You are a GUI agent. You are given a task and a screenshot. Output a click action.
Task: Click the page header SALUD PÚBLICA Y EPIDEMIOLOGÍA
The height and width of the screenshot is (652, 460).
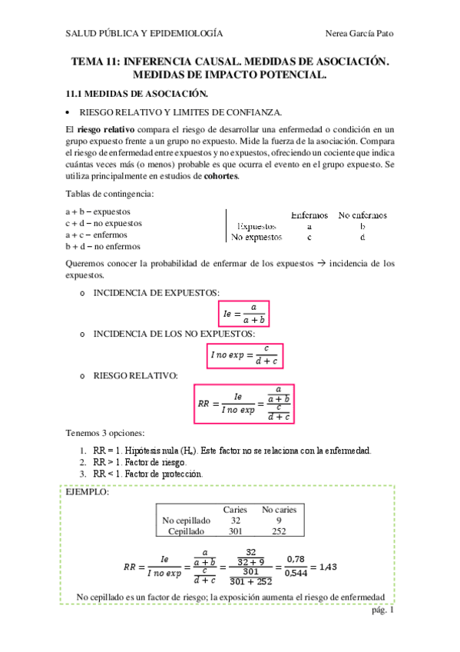click(x=144, y=33)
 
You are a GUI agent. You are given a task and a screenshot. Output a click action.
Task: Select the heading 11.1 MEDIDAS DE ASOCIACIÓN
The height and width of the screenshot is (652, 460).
click(x=137, y=94)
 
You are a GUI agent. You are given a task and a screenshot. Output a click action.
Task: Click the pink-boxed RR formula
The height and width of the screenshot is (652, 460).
click(x=244, y=403)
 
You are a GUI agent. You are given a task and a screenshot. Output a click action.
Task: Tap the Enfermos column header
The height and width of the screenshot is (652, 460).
click(x=309, y=215)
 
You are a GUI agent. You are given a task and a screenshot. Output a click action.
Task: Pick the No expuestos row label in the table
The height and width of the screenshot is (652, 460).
click(x=257, y=238)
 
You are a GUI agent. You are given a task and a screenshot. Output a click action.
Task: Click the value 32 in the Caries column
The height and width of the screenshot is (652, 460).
click(x=235, y=521)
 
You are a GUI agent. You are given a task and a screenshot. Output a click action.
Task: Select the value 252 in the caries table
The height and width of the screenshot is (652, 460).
click(x=279, y=531)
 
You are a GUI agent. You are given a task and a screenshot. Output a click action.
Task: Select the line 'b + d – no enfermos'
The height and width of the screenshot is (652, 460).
click(x=103, y=247)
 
